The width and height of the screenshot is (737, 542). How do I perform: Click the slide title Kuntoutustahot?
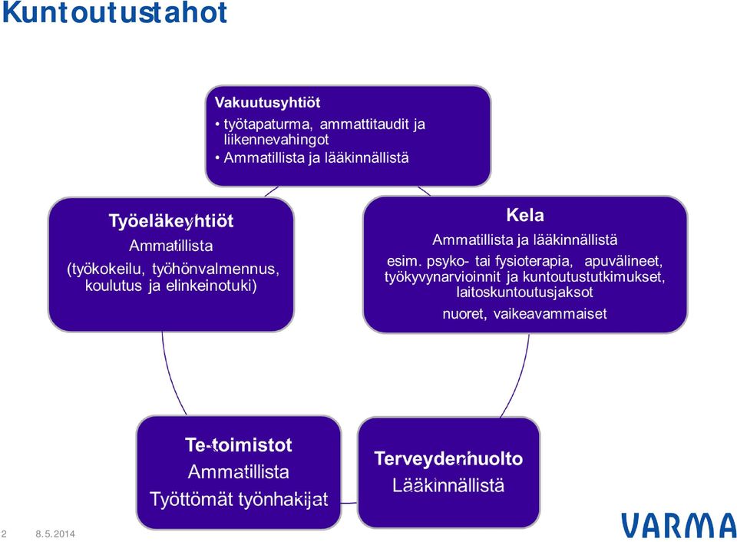coord(114,12)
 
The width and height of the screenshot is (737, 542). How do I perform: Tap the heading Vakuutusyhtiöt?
coord(267,102)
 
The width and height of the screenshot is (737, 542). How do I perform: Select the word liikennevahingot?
coord(276,139)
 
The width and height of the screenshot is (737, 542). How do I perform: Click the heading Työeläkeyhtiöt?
coord(171,221)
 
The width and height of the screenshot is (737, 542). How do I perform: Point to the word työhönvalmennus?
coord(216,269)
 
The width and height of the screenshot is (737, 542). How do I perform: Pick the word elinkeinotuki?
coord(212,286)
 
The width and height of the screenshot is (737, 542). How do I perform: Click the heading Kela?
coord(525,215)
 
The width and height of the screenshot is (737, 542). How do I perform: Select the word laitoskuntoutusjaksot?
coord(524,292)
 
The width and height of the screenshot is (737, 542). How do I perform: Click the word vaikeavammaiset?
coord(550,313)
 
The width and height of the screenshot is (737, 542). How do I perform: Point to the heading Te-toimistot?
coord(239,445)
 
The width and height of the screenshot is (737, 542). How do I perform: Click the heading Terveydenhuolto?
coord(448,458)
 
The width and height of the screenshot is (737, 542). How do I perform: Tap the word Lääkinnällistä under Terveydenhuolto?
coord(448,485)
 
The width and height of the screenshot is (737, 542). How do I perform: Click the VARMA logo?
coord(679,526)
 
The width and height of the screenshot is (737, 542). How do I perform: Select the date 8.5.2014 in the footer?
coord(55,534)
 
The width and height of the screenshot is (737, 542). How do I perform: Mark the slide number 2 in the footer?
coord(5,534)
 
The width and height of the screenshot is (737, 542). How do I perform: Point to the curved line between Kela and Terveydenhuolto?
coord(519,377)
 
